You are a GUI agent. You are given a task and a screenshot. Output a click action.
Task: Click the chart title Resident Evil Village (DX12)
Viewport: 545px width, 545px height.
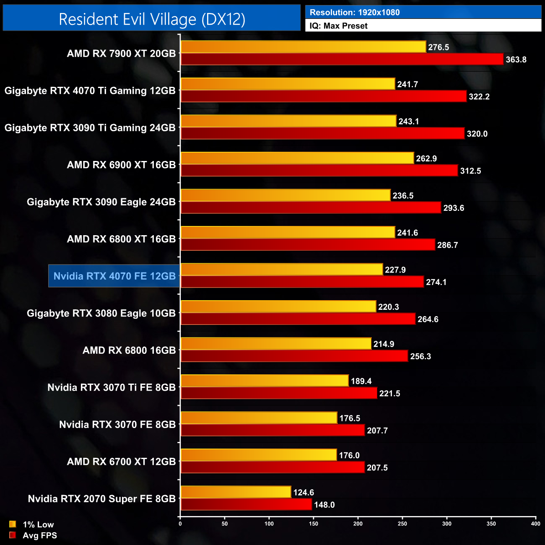(x=152, y=19)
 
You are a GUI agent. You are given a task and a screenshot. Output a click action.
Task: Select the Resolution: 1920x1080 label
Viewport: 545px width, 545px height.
(x=355, y=13)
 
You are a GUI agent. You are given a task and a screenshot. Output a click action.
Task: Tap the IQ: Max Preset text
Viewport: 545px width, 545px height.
(x=339, y=26)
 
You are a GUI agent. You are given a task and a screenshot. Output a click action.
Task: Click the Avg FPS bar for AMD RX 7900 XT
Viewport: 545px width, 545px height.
(x=342, y=60)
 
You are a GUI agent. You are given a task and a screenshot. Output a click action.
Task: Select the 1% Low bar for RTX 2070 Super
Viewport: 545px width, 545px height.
(x=236, y=492)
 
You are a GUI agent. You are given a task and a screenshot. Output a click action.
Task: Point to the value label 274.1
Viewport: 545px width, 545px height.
(x=436, y=282)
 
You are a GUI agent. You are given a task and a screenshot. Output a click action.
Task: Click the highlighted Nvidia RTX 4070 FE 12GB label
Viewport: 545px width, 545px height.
(x=114, y=276)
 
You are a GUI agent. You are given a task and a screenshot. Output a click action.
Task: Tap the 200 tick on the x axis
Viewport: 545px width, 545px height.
(x=358, y=524)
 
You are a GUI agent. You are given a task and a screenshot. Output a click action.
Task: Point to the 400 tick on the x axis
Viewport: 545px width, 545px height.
(x=535, y=524)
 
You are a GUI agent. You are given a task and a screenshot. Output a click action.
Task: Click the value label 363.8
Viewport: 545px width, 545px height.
(x=516, y=60)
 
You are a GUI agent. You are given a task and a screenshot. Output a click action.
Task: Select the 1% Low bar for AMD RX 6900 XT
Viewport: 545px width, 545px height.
(x=297, y=158)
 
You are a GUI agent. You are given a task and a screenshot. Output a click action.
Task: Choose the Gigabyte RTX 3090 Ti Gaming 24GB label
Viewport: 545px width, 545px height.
(x=90, y=128)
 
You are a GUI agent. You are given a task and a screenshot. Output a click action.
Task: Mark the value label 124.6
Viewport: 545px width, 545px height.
(x=304, y=493)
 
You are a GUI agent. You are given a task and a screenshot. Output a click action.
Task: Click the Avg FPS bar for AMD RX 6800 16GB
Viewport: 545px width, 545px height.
(x=294, y=356)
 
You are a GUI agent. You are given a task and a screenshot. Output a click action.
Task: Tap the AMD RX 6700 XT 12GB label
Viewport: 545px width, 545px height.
(x=121, y=462)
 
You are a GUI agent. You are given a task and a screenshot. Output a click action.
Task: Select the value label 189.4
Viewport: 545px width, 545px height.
(x=361, y=381)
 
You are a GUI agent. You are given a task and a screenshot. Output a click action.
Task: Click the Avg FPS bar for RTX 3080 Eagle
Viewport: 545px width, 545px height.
(x=298, y=319)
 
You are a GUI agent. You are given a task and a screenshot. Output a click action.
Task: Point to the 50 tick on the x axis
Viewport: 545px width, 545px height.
(x=225, y=524)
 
